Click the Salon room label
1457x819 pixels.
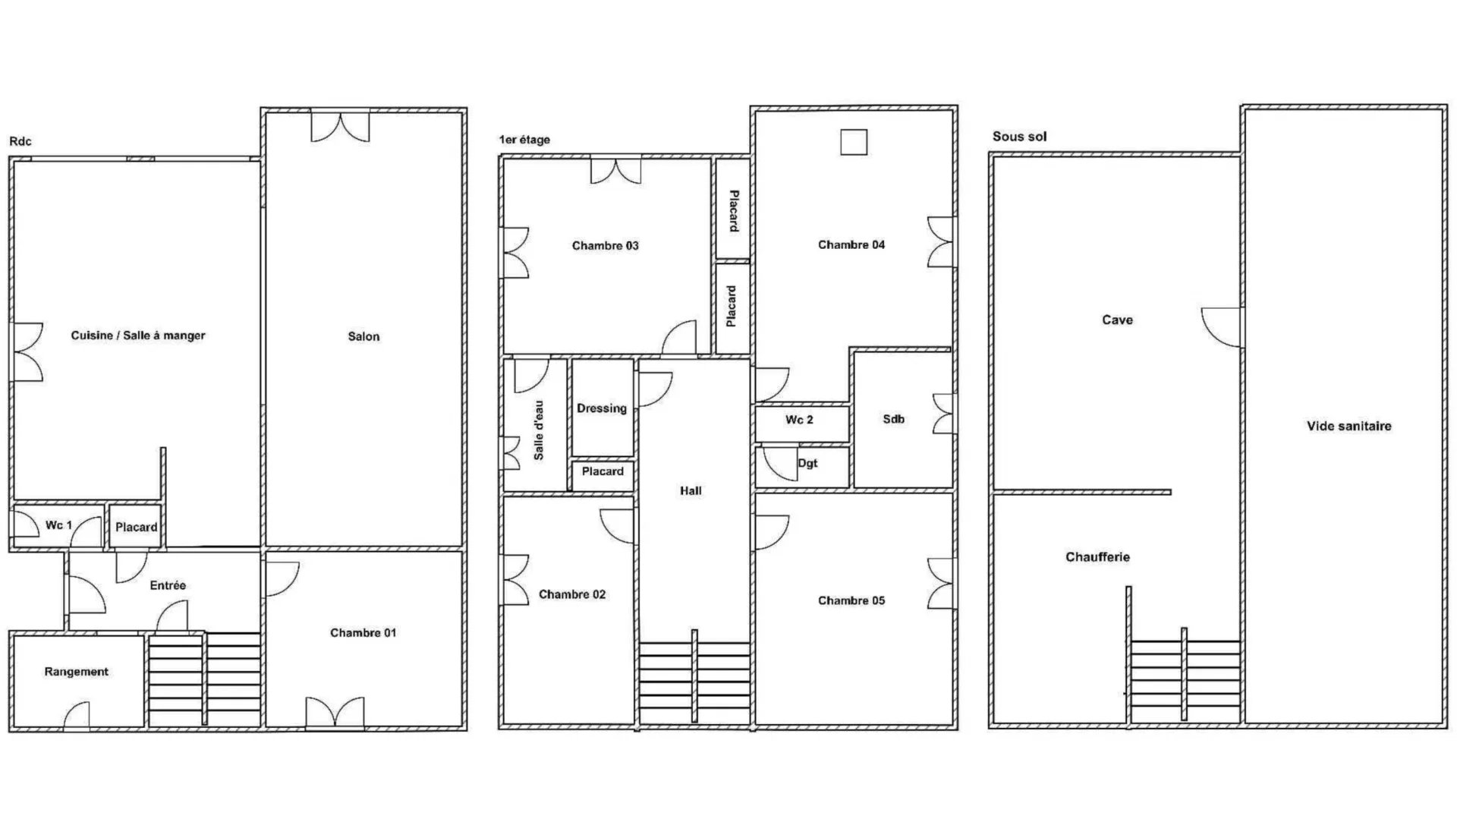click(363, 336)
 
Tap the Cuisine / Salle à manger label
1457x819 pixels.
click(138, 335)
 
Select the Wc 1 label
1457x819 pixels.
click(58, 524)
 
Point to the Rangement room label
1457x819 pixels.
click(76, 672)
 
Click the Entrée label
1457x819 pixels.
click(168, 585)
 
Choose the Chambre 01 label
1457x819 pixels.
click(363, 632)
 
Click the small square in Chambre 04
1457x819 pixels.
click(854, 142)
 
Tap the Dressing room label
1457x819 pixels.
click(602, 408)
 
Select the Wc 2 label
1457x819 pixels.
click(799, 420)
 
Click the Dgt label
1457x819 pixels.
click(807, 463)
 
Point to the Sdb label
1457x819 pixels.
click(893, 419)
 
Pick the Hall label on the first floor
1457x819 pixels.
click(691, 491)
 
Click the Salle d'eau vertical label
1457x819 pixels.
click(539, 430)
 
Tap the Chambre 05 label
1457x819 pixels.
click(851, 600)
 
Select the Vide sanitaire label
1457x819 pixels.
click(1348, 426)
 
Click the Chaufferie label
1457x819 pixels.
click(1097, 557)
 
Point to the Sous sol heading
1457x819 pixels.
click(1019, 137)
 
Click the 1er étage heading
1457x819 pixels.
click(524, 140)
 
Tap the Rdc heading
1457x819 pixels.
click(20, 141)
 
